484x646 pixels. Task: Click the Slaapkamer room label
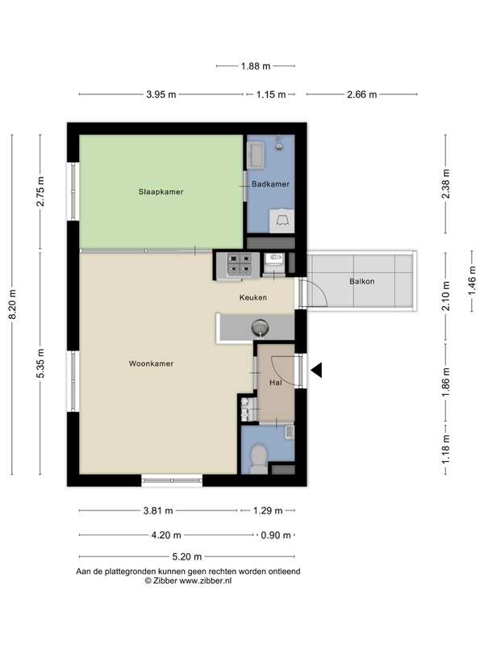161,191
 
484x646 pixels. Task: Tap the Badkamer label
270,184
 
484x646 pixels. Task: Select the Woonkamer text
151,363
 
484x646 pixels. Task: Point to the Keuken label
253,297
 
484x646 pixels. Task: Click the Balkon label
361,281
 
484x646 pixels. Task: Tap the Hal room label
276,382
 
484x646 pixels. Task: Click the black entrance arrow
316,370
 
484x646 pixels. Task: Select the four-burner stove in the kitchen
239,264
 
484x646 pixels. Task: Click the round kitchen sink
261,328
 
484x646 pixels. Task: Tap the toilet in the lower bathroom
258,459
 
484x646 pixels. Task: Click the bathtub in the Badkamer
256,155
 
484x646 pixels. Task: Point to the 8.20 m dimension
12,304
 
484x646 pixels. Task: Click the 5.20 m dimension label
187,557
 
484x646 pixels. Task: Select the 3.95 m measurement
161,94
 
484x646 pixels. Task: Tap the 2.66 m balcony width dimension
361,94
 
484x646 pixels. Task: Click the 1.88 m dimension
256,66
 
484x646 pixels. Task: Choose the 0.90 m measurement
276,535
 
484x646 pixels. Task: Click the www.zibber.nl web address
206,581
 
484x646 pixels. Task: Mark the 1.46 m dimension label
472,280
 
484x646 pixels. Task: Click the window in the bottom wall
172,480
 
